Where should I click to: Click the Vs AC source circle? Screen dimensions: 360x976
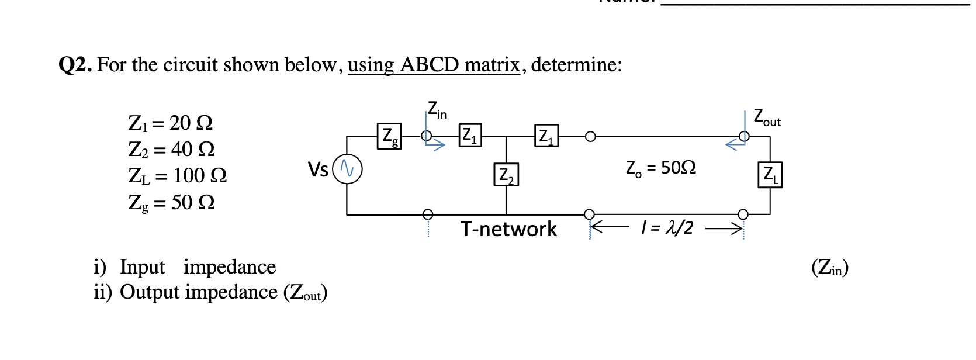click(347, 169)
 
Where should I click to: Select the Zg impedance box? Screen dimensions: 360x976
click(389, 136)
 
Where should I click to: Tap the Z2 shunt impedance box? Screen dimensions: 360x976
click(506, 175)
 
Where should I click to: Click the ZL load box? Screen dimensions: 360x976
click(770, 175)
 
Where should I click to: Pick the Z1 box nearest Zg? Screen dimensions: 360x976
click(470, 136)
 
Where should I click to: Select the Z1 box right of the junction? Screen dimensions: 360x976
click(546, 136)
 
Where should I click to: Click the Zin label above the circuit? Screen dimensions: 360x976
click(437, 110)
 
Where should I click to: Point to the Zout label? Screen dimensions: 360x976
click(766, 117)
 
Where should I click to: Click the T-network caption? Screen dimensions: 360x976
click(508, 229)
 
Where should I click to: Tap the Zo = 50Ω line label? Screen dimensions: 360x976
click(660, 168)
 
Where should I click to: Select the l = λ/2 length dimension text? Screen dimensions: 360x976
click(667, 227)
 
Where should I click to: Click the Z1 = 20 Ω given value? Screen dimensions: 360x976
click(170, 123)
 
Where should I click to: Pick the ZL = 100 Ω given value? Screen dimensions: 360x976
click(177, 176)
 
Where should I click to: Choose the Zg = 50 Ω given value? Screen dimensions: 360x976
click(171, 203)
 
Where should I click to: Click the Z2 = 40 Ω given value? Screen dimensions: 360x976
click(171, 150)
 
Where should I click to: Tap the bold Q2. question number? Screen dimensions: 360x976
click(75, 64)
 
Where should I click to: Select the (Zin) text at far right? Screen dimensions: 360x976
click(829, 268)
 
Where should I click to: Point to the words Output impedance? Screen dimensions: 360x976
click(199, 292)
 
